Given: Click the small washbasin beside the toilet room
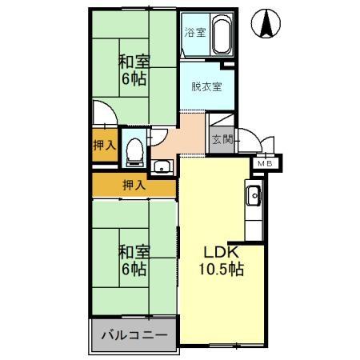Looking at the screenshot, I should point(162,166).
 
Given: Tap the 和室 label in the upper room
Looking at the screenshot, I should point(133,62).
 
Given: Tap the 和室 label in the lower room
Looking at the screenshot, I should point(133,252).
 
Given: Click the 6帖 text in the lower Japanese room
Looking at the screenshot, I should point(133,270).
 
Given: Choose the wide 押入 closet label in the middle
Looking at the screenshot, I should point(134,186).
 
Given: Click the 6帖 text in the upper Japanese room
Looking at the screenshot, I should point(133,80).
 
